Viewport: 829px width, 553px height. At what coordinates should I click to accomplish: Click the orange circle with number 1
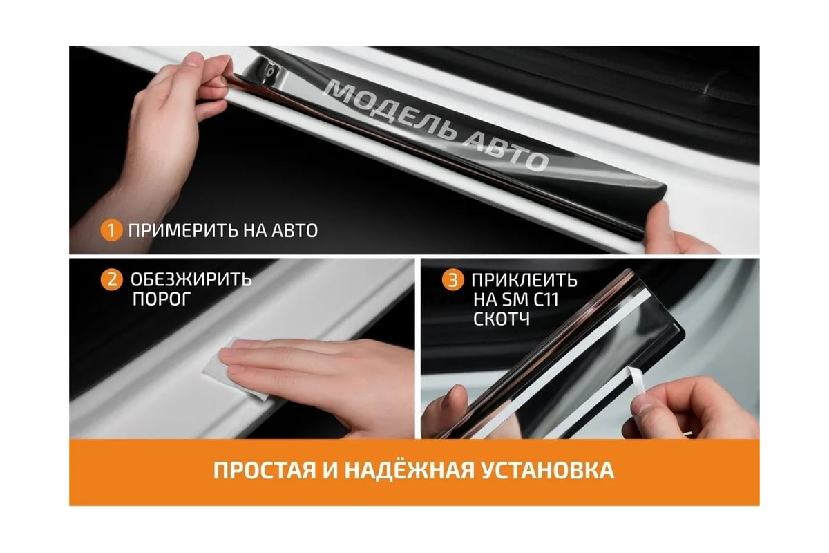pos(111,230)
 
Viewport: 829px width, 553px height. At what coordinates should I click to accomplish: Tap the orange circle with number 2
pos(111,279)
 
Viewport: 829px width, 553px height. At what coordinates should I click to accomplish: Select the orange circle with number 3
pos(452,280)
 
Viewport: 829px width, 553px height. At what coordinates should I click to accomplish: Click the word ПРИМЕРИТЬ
pos(183,231)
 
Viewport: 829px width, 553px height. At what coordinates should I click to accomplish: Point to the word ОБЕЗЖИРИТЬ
pos(191,280)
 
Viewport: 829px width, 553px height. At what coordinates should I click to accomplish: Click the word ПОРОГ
pos(162,299)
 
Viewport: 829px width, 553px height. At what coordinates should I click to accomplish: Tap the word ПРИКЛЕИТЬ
pos(524,281)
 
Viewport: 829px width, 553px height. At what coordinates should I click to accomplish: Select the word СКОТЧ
pos(501,319)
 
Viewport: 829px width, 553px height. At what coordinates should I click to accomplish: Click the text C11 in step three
pos(546,299)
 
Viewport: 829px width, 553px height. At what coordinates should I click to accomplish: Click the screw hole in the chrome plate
pos(272,70)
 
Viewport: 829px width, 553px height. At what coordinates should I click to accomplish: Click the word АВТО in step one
pos(295,231)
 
